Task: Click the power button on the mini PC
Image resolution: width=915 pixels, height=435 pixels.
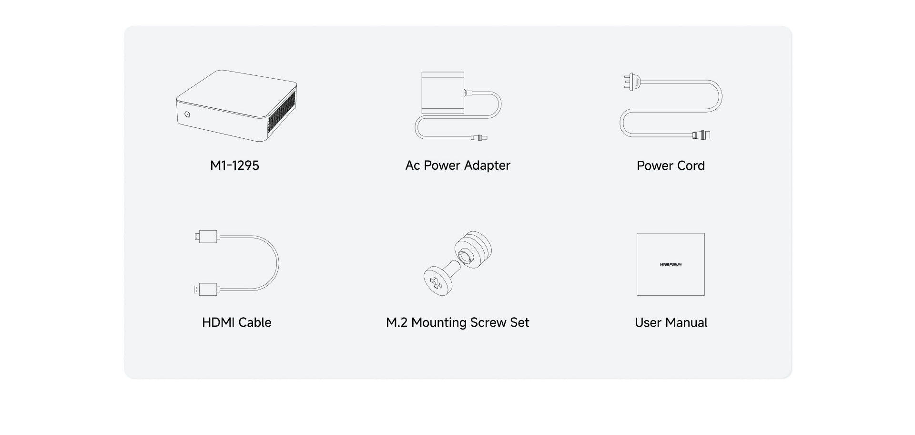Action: click(x=187, y=114)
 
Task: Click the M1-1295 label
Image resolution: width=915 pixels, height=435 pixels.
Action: click(x=234, y=166)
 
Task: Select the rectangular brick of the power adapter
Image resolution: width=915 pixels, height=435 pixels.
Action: click(x=443, y=93)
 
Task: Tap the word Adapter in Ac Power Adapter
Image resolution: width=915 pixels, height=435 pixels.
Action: click(x=487, y=166)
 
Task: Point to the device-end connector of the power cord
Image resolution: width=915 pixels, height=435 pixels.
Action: click(x=701, y=135)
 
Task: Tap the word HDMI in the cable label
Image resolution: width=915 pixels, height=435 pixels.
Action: click(x=218, y=322)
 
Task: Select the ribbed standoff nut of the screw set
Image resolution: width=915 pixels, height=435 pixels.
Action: click(x=473, y=250)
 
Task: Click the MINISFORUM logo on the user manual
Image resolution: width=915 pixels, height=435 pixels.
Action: click(x=671, y=264)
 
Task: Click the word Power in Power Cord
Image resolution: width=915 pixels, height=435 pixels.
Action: click(x=655, y=166)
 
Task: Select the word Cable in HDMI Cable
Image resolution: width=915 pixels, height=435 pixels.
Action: click(x=254, y=322)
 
